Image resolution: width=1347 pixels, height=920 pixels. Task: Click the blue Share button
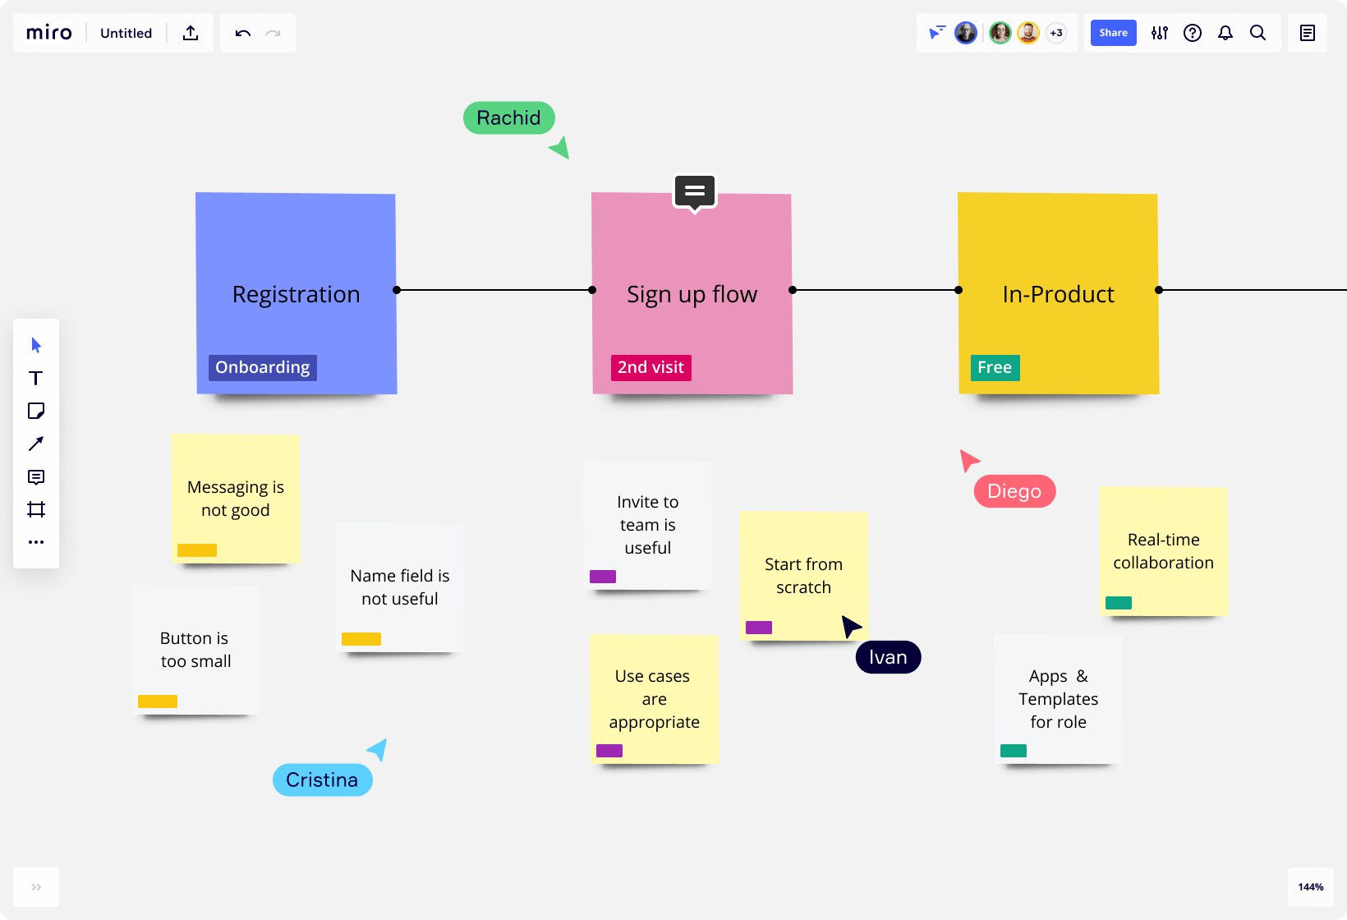[x=1113, y=33]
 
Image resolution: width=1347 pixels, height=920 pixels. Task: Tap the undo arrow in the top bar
[x=243, y=33]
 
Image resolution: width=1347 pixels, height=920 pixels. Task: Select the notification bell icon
[x=1225, y=33]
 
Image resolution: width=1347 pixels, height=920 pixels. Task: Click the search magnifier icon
[x=1257, y=33]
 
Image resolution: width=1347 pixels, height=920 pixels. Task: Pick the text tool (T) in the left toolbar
[x=36, y=378]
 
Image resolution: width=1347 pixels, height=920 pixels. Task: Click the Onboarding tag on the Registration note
[x=263, y=367]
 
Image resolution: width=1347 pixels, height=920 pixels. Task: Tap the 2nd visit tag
[x=651, y=367]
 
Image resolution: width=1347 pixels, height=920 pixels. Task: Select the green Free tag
[x=995, y=367]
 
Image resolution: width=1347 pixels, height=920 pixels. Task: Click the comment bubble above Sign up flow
[x=695, y=192]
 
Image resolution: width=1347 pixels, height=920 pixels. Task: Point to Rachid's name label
[x=508, y=117]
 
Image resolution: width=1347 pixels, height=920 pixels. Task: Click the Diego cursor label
[x=1014, y=491]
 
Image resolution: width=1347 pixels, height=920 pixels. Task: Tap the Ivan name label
[x=888, y=657]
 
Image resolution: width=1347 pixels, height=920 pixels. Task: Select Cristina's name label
[x=322, y=780]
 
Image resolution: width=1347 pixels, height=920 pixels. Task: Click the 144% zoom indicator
[x=1311, y=887]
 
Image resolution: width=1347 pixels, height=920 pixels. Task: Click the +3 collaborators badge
[x=1056, y=33]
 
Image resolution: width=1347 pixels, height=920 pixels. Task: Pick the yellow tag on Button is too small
[x=158, y=701]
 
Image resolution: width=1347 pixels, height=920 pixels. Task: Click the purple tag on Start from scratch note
[x=759, y=628]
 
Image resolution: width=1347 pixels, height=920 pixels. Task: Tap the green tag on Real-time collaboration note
[x=1119, y=603]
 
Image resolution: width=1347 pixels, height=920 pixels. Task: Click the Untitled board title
[x=126, y=33]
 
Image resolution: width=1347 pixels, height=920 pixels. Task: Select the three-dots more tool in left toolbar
[x=36, y=542]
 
